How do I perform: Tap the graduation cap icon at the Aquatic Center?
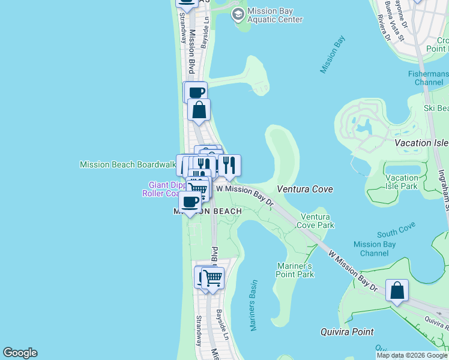[x=239, y=13]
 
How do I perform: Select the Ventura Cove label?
[x=305, y=189]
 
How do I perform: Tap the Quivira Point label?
[x=346, y=332]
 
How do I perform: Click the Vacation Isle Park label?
[x=402, y=182]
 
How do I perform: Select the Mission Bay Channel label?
[x=375, y=248]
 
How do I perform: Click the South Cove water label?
[x=397, y=233]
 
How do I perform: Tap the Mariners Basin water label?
[x=253, y=305]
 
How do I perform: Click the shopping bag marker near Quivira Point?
[x=397, y=291]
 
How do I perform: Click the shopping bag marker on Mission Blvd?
[x=199, y=110]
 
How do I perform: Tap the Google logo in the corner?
[x=20, y=353]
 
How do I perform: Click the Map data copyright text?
[x=412, y=355]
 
